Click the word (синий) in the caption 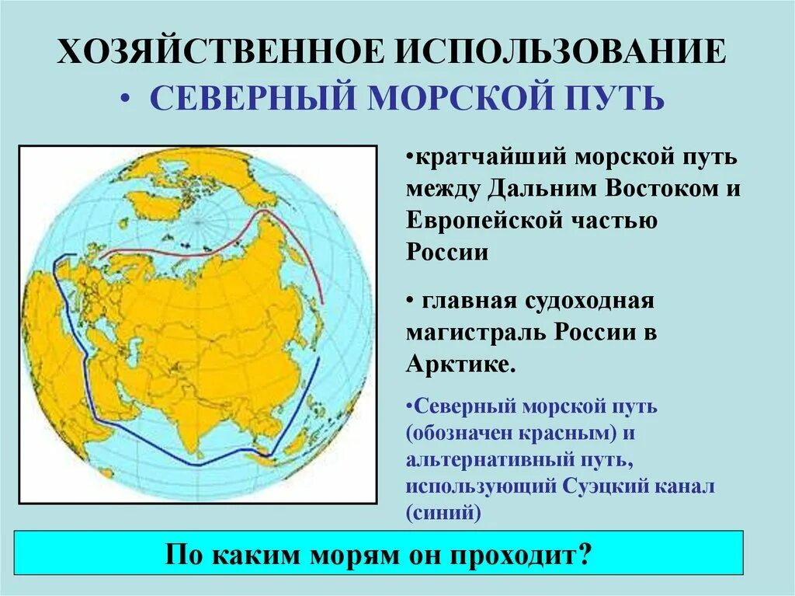click(443, 513)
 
